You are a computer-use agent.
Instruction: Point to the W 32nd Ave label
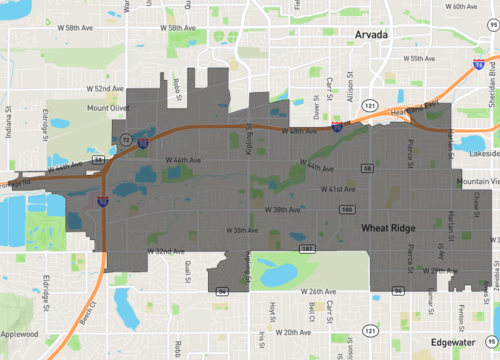point(165,250)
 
